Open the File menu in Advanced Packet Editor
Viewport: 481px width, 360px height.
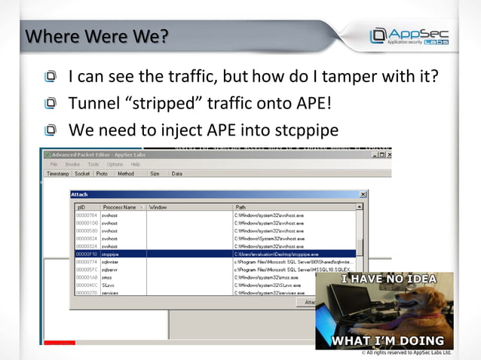click(54, 164)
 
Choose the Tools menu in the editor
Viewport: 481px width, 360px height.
click(93, 164)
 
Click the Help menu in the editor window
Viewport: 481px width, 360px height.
click(136, 164)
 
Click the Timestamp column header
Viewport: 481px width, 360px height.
click(58, 174)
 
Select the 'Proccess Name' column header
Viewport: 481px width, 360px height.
click(120, 207)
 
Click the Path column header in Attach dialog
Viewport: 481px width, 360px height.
click(240, 207)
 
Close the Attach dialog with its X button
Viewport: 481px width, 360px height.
click(363, 194)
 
